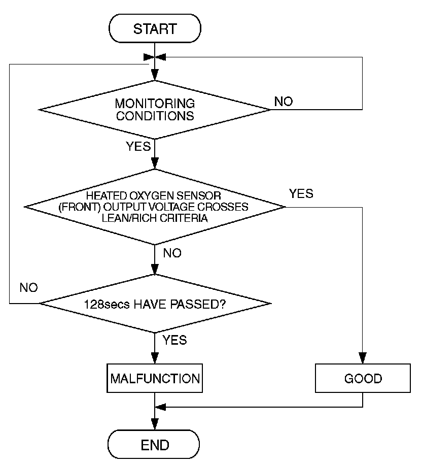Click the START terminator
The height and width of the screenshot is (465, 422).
point(155,28)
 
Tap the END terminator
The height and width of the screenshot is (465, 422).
point(154,444)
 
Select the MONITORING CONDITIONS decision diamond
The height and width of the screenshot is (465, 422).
point(154,110)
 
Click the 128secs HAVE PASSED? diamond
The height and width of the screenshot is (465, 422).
point(155,304)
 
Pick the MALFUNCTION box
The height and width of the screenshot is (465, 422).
point(155,378)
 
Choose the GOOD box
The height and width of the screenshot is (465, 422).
point(363,378)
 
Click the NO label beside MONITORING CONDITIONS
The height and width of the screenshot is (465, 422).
point(284,102)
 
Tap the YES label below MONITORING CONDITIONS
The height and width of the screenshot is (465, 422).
point(138,146)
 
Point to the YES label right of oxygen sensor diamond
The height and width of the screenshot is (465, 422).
point(301,193)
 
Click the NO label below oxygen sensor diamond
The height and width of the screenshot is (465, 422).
point(172,253)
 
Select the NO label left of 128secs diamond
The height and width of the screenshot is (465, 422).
point(29,287)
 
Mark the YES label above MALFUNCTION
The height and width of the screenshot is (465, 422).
point(175,340)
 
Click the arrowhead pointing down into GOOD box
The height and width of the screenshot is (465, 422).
point(363,358)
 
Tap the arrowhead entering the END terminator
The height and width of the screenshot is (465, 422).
point(155,424)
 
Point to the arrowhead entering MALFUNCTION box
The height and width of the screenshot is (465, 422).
point(155,358)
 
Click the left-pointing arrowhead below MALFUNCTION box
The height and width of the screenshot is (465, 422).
point(161,407)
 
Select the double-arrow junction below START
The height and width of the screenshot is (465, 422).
point(155,57)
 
